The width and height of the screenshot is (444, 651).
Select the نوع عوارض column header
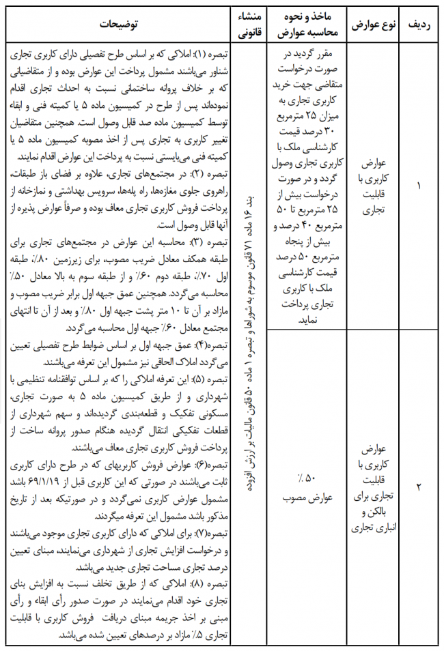pyautogui.click(x=371, y=25)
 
